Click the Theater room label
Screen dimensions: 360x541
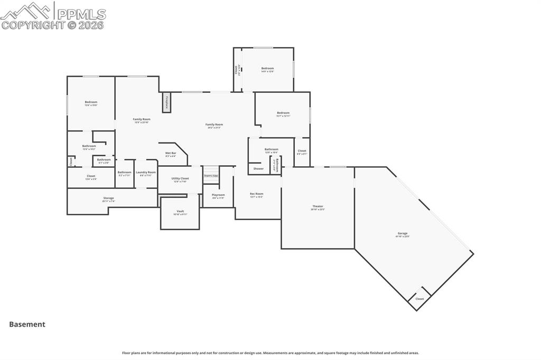pyautogui.click(x=318, y=206)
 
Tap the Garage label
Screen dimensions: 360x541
pyautogui.click(x=403, y=233)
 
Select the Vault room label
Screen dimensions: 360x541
pyautogui.click(x=180, y=211)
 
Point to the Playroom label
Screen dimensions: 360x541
pyautogui.click(x=218, y=195)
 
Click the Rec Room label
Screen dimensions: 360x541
pyautogui.click(x=256, y=194)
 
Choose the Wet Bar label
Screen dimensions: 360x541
pyautogui.click(x=171, y=153)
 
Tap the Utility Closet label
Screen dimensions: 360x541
pyautogui.click(x=180, y=178)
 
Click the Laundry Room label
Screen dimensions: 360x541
pyautogui.click(x=145, y=172)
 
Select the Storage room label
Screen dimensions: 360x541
pyautogui.click(x=108, y=198)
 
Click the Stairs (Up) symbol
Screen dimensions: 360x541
pyautogui.click(x=211, y=175)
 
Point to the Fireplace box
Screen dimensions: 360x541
pyautogui.click(x=166, y=102)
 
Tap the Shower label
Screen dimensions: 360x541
pyautogui.click(x=258, y=169)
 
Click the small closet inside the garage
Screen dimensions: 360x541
pyautogui.click(x=419, y=299)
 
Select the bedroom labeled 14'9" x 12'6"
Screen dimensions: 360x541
pyautogui.click(x=267, y=69)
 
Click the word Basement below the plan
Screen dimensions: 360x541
pyautogui.click(x=27, y=325)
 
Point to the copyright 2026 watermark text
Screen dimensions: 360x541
pyautogui.click(x=53, y=25)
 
